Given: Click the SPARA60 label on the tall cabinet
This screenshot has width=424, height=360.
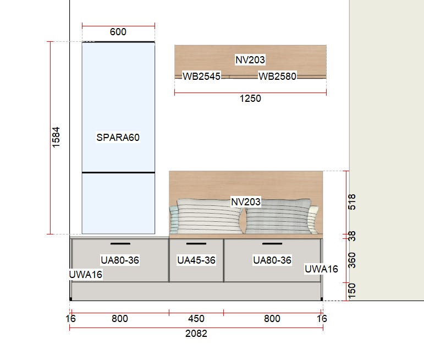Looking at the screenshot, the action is pos(118,138).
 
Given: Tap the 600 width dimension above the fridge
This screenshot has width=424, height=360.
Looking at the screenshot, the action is pos(118,32).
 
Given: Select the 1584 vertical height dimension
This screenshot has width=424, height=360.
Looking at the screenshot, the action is pos(56,137).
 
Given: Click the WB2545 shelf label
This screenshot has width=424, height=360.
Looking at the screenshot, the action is pos(201,77).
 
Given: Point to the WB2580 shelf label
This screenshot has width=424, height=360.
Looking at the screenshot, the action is pos(277,77).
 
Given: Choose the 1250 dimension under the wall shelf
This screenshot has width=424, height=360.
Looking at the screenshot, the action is pos(250,99).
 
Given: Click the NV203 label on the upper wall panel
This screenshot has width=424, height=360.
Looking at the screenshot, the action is pos(250,60).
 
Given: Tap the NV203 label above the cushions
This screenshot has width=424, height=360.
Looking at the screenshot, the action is pos(246,201).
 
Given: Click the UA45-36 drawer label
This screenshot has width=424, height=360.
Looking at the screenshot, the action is pos(196,260).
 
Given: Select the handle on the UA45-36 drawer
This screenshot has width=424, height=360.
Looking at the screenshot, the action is pos(196,244).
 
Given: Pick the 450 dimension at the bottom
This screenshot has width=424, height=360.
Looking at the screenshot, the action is pos(196,319).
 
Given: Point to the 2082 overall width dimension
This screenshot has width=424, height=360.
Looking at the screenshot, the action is pos(196,334).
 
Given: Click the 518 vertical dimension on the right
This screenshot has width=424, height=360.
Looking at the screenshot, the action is pos(352,202).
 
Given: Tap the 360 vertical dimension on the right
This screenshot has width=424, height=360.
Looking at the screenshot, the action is pos(352,260).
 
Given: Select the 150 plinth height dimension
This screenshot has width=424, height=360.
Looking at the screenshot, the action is pos(352,291).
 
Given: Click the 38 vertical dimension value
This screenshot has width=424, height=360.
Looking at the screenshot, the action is pos(352,236).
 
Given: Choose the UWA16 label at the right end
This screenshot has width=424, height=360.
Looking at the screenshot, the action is pos(321,269).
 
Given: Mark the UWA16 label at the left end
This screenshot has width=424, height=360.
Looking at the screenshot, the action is pos(86,275).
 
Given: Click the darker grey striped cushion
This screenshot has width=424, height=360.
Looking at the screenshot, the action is pos(278,216).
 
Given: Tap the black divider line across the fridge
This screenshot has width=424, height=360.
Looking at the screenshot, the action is pos(118,172).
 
